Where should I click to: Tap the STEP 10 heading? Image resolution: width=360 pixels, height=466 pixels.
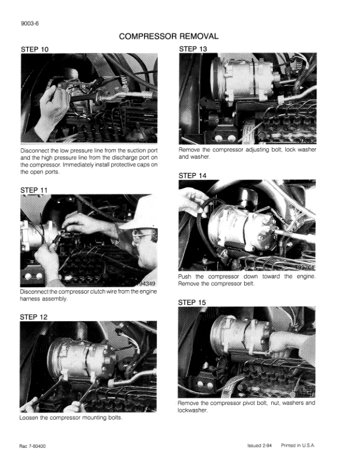click(35, 49)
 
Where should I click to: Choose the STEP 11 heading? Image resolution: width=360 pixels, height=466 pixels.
click(34, 190)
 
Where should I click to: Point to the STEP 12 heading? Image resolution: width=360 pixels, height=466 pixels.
click(34, 317)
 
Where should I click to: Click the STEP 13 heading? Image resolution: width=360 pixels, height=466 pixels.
click(193, 49)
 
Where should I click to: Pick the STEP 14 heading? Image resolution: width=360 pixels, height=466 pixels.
click(192, 176)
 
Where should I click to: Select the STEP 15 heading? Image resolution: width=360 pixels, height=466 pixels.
click(192, 302)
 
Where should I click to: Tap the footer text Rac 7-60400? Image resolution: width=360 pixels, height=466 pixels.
click(33, 446)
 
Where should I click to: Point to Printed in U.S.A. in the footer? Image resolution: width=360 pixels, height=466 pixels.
click(298, 445)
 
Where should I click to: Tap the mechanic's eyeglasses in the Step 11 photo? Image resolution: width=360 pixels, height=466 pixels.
click(142, 237)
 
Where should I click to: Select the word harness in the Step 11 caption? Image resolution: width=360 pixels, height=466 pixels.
click(29, 299)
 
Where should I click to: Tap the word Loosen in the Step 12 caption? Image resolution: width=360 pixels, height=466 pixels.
click(28, 418)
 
